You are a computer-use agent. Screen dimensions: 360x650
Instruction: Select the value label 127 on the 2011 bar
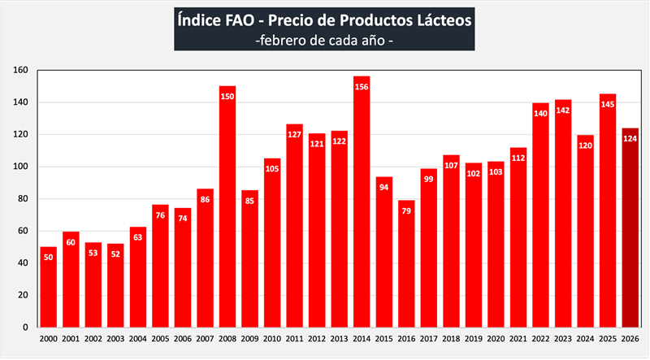(295, 135)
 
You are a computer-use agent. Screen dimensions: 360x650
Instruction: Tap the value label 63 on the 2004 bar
(138, 238)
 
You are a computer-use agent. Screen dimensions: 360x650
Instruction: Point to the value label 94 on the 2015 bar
(384, 188)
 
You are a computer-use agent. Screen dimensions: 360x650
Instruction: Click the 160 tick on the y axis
(22, 71)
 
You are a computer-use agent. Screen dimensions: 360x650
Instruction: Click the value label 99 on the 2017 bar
(429, 180)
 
